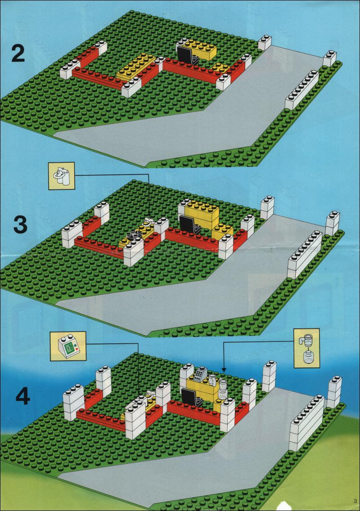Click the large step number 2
coord(18,53)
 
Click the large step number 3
coord(21,224)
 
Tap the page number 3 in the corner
coord(354,501)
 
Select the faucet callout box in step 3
coord(62,175)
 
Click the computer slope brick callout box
coord(68,346)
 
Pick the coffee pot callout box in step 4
coord(306,348)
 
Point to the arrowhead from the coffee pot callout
coord(224,370)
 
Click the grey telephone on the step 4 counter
coord(200,374)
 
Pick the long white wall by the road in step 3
coord(305,255)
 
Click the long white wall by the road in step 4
coord(307,423)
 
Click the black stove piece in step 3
coord(135,235)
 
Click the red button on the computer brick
coord(77,350)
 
